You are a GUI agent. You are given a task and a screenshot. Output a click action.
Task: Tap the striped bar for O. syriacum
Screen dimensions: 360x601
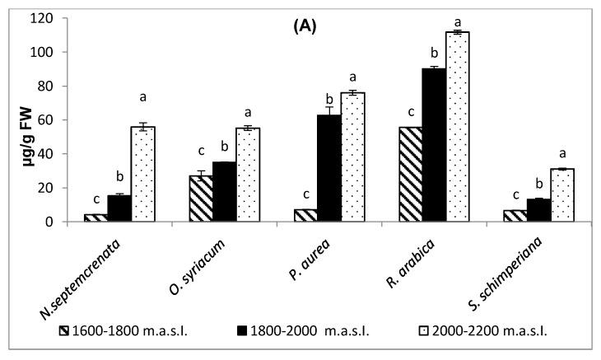click(x=201, y=199)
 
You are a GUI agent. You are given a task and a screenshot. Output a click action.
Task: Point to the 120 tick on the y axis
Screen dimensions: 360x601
click(x=56, y=18)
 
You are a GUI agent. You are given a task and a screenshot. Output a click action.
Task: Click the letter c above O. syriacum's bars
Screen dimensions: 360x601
click(x=200, y=151)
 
